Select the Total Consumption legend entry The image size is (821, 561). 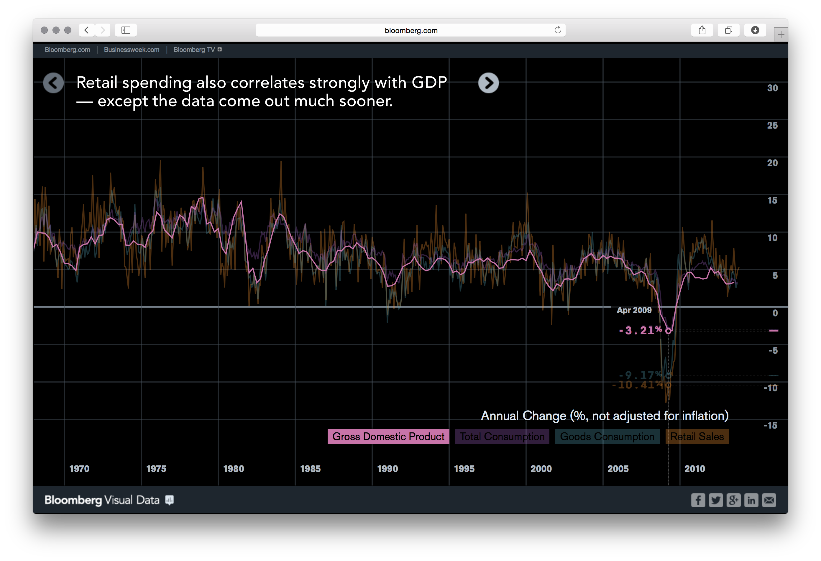point(502,436)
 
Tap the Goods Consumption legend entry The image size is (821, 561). point(607,436)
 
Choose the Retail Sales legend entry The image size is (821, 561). point(697,436)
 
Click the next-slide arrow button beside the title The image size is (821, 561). point(488,83)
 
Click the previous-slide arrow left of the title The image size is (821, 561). point(53,83)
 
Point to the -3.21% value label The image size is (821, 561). point(640,330)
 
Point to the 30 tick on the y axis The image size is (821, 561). point(772,88)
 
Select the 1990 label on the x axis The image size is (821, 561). point(387,468)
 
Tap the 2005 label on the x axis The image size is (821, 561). point(618,468)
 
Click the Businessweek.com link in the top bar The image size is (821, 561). point(132,50)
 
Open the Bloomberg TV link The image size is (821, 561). point(194,50)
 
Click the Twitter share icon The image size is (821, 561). point(716,500)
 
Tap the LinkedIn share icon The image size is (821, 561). point(751,500)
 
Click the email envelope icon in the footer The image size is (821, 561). point(769,500)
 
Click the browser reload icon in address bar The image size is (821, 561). point(557,30)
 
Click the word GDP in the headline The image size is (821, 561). point(429,82)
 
